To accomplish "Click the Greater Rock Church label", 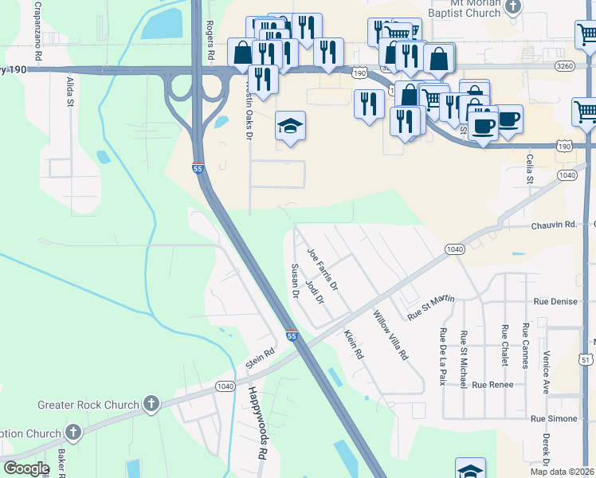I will tap(88, 405).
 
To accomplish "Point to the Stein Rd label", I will tap(260, 358).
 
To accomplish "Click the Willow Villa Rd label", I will tap(390, 335).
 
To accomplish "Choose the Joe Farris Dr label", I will tap(323, 268).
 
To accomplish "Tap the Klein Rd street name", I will tap(354, 343).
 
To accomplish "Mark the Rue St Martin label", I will tap(430, 307).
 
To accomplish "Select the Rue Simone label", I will tap(554, 418).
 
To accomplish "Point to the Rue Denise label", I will tap(554, 303).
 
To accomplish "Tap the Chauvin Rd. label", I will tap(554, 225).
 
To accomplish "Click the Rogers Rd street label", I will tap(211, 41).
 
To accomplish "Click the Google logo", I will tap(26, 468).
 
